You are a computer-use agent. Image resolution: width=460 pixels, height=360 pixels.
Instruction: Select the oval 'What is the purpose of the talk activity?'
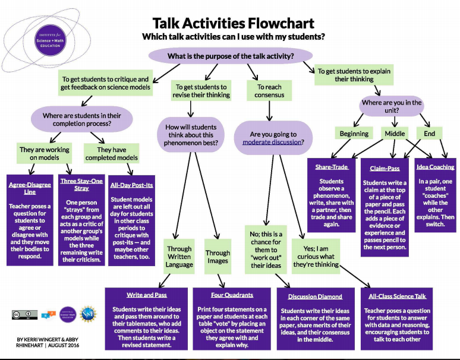click(x=230, y=56)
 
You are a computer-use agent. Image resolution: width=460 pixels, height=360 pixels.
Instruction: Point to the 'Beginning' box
click(x=354, y=134)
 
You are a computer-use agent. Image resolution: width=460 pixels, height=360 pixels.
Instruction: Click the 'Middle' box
click(x=395, y=134)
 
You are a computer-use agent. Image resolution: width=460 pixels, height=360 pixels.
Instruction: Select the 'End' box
click(x=429, y=134)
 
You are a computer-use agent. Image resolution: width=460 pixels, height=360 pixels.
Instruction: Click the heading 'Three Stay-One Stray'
click(x=81, y=184)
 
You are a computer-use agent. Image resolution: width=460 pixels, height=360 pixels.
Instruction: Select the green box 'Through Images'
click(x=218, y=257)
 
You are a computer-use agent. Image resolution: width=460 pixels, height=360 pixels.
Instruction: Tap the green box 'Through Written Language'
click(x=179, y=257)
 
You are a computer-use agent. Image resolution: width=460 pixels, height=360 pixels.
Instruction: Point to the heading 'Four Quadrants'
click(x=232, y=295)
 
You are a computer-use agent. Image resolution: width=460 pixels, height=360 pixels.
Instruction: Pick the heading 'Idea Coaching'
click(x=436, y=168)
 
